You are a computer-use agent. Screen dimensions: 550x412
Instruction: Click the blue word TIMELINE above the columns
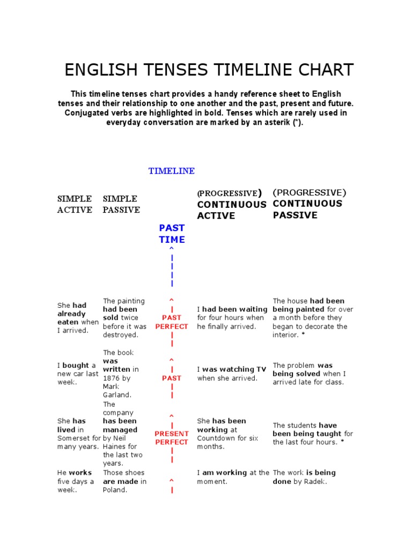[x=171, y=171]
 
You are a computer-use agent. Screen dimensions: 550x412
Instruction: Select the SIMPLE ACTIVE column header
[x=75, y=204]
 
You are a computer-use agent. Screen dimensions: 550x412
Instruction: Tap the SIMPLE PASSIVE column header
[x=121, y=204]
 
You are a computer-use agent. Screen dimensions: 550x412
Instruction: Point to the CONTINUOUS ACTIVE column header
[x=232, y=210]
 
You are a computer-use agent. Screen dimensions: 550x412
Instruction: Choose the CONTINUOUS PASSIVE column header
[x=307, y=209]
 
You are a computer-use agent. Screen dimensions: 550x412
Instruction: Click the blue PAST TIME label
[x=172, y=234]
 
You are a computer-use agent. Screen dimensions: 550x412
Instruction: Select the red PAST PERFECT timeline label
[x=172, y=322]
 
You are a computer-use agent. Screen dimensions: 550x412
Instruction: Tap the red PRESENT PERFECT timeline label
[x=172, y=438]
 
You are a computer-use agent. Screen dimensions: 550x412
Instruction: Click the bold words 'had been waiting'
[x=234, y=309]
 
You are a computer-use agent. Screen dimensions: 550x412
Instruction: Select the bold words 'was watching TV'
[x=234, y=370]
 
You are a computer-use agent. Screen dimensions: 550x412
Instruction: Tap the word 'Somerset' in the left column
[x=74, y=438]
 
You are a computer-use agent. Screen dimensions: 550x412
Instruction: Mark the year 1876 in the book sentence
[x=112, y=378]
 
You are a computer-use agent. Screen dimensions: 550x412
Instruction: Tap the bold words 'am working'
[x=224, y=473]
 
